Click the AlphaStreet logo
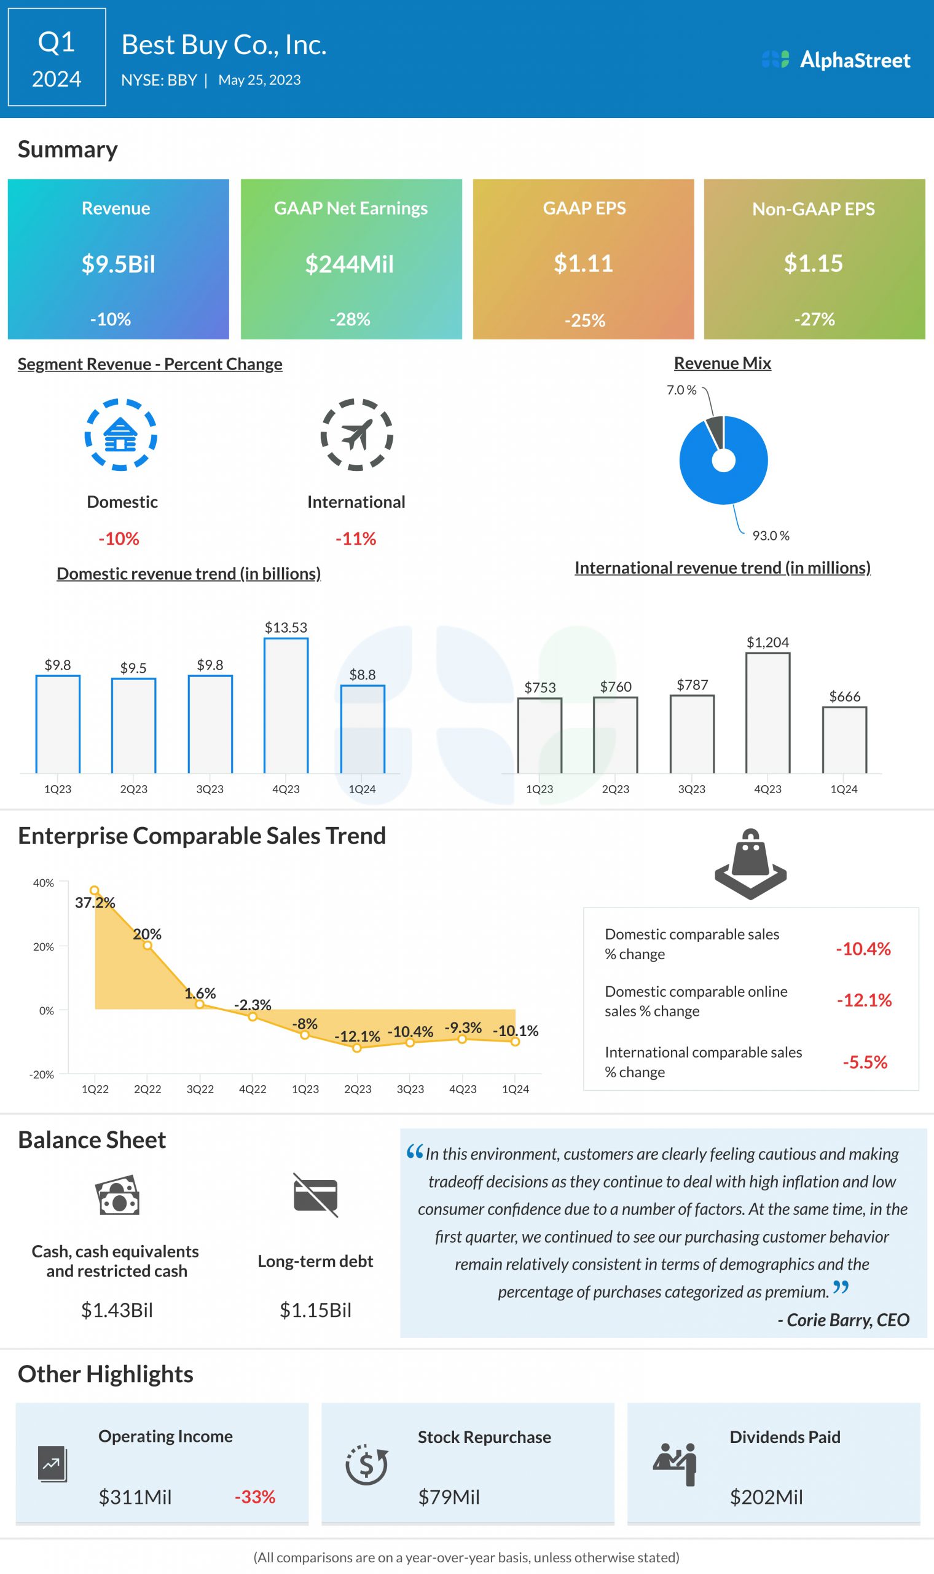[x=836, y=60]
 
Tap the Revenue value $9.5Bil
[x=119, y=264]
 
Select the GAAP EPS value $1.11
[x=583, y=263]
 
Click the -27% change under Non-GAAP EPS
[x=814, y=319]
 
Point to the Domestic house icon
[x=121, y=435]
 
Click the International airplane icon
[x=357, y=435]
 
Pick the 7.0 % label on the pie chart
[x=681, y=390]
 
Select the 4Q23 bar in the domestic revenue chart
[x=286, y=705]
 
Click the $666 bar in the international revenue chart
[x=844, y=740]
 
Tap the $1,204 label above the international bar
[x=767, y=642]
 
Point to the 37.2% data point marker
[x=95, y=890]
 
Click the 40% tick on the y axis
[x=44, y=883]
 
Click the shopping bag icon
[x=750, y=863]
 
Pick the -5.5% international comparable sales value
[x=865, y=1062]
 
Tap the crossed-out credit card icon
[x=315, y=1195]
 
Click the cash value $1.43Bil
[x=117, y=1310]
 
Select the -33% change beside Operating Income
[x=255, y=1497]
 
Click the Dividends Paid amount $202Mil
[x=766, y=1497]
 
